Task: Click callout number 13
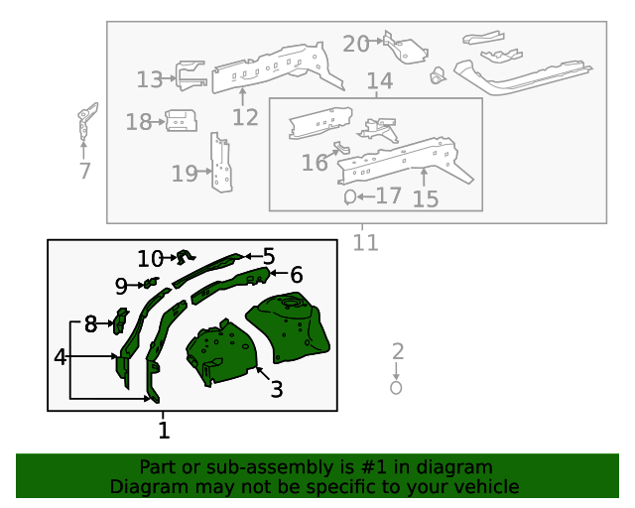[x=149, y=79]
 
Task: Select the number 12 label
[x=245, y=118]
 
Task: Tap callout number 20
[x=355, y=44]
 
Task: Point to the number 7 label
[x=84, y=171]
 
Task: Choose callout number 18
[x=138, y=122]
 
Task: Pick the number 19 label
[x=184, y=174]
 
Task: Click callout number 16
[x=315, y=163]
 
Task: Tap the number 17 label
[x=388, y=195]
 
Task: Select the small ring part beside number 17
[x=349, y=197]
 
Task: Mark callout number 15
[x=425, y=199]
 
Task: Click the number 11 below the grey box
[x=366, y=242]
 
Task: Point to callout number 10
[x=150, y=259]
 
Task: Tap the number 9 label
[x=121, y=287]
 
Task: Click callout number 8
[x=90, y=323]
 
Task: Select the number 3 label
[x=277, y=390]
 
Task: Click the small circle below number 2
[x=396, y=388]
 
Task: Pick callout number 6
[x=296, y=275]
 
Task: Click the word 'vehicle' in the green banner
[x=485, y=486]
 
